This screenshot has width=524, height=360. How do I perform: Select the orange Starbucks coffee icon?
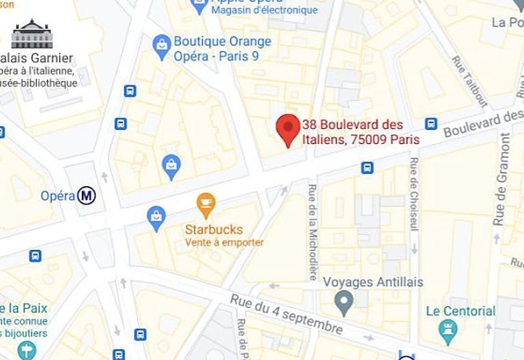pyautogui.click(x=205, y=204)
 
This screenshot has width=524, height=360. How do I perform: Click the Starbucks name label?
pyautogui.click(x=214, y=230)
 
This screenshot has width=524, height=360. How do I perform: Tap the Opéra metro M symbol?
pyautogui.click(x=87, y=196)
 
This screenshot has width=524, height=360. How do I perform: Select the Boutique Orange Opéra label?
pyautogui.click(x=222, y=48)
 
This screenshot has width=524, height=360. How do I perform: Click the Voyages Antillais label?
pyautogui.click(x=373, y=282)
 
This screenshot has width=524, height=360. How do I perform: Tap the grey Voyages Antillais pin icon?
pyautogui.click(x=345, y=301)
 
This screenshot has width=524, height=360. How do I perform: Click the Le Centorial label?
pyautogui.click(x=460, y=311)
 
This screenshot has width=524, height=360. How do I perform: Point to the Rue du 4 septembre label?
pyautogui.click(x=286, y=314)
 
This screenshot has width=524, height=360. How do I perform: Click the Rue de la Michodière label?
pyautogui.click(x=312, y=232)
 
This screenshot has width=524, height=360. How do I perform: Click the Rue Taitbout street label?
pyautogui.click(x=470, y=80)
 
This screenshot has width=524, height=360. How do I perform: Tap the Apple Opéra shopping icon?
pyautogui.click(x=200, y=7)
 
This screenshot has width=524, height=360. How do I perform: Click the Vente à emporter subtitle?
pyautogui.click(x=224, y=243)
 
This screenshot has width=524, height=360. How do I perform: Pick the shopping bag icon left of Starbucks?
pyautogui.click(x=156, y=217)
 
